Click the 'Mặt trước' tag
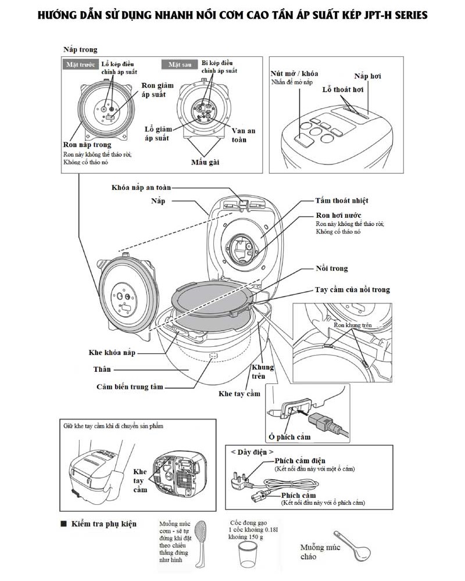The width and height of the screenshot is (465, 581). [x=79, y=65]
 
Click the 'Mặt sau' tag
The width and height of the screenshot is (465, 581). [x=180, y=65]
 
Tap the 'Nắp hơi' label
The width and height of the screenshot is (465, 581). [x=368, y=76]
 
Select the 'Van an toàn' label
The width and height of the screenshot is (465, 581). [x=243, y=135]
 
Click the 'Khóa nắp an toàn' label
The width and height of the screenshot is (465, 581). [x=141, y=188]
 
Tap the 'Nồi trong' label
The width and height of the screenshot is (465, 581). [x=332, y=268]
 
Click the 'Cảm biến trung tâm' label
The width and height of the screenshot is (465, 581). [x=130, y=386]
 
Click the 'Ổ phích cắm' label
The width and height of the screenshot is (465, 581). [x=289, y=436]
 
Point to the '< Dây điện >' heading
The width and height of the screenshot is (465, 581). [x=252, y=451]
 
